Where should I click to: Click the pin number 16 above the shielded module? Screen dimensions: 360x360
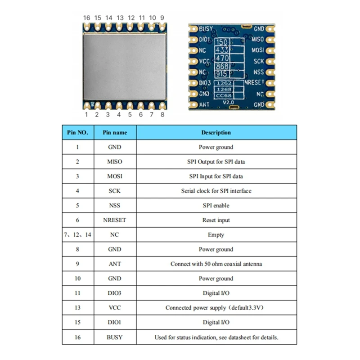click(87, 18)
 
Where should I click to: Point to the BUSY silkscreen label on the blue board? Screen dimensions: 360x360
click(206, 29)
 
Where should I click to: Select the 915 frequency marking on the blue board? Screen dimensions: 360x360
click(222, 74)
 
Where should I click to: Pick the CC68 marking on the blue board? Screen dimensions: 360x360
click(224, 95)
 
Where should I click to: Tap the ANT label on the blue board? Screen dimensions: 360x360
click(204, 105)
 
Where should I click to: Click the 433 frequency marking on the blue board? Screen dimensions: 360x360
click(222, 50)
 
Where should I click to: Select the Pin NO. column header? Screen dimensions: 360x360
click(78, 133)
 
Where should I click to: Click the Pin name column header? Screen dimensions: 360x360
click(115, 133)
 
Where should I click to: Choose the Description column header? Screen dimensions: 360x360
click(216, 133)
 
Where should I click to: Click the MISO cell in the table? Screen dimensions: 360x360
click(115, 162)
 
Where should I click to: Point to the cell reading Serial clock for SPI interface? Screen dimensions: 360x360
click(216, 191)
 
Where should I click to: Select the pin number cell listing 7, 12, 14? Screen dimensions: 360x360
click(78, 235)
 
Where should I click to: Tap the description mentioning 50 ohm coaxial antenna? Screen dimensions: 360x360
click(216, 264)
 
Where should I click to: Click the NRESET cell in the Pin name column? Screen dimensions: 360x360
click(115, 220)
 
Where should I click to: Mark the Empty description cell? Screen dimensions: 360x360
click(216, 235)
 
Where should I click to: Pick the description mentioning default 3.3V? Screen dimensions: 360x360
click(216, 308)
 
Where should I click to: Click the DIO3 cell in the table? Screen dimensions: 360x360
click(115, 293)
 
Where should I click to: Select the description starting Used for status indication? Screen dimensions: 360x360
click(216, 337)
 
